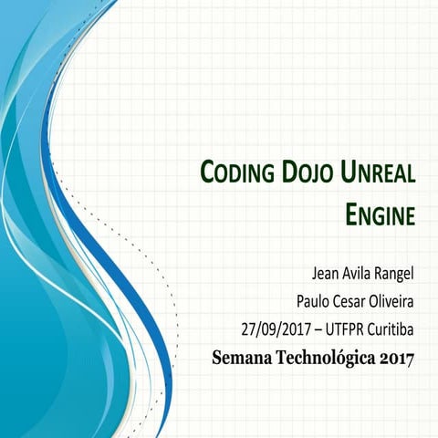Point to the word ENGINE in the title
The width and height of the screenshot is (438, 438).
pyautogui.click(x=381, y=215)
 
